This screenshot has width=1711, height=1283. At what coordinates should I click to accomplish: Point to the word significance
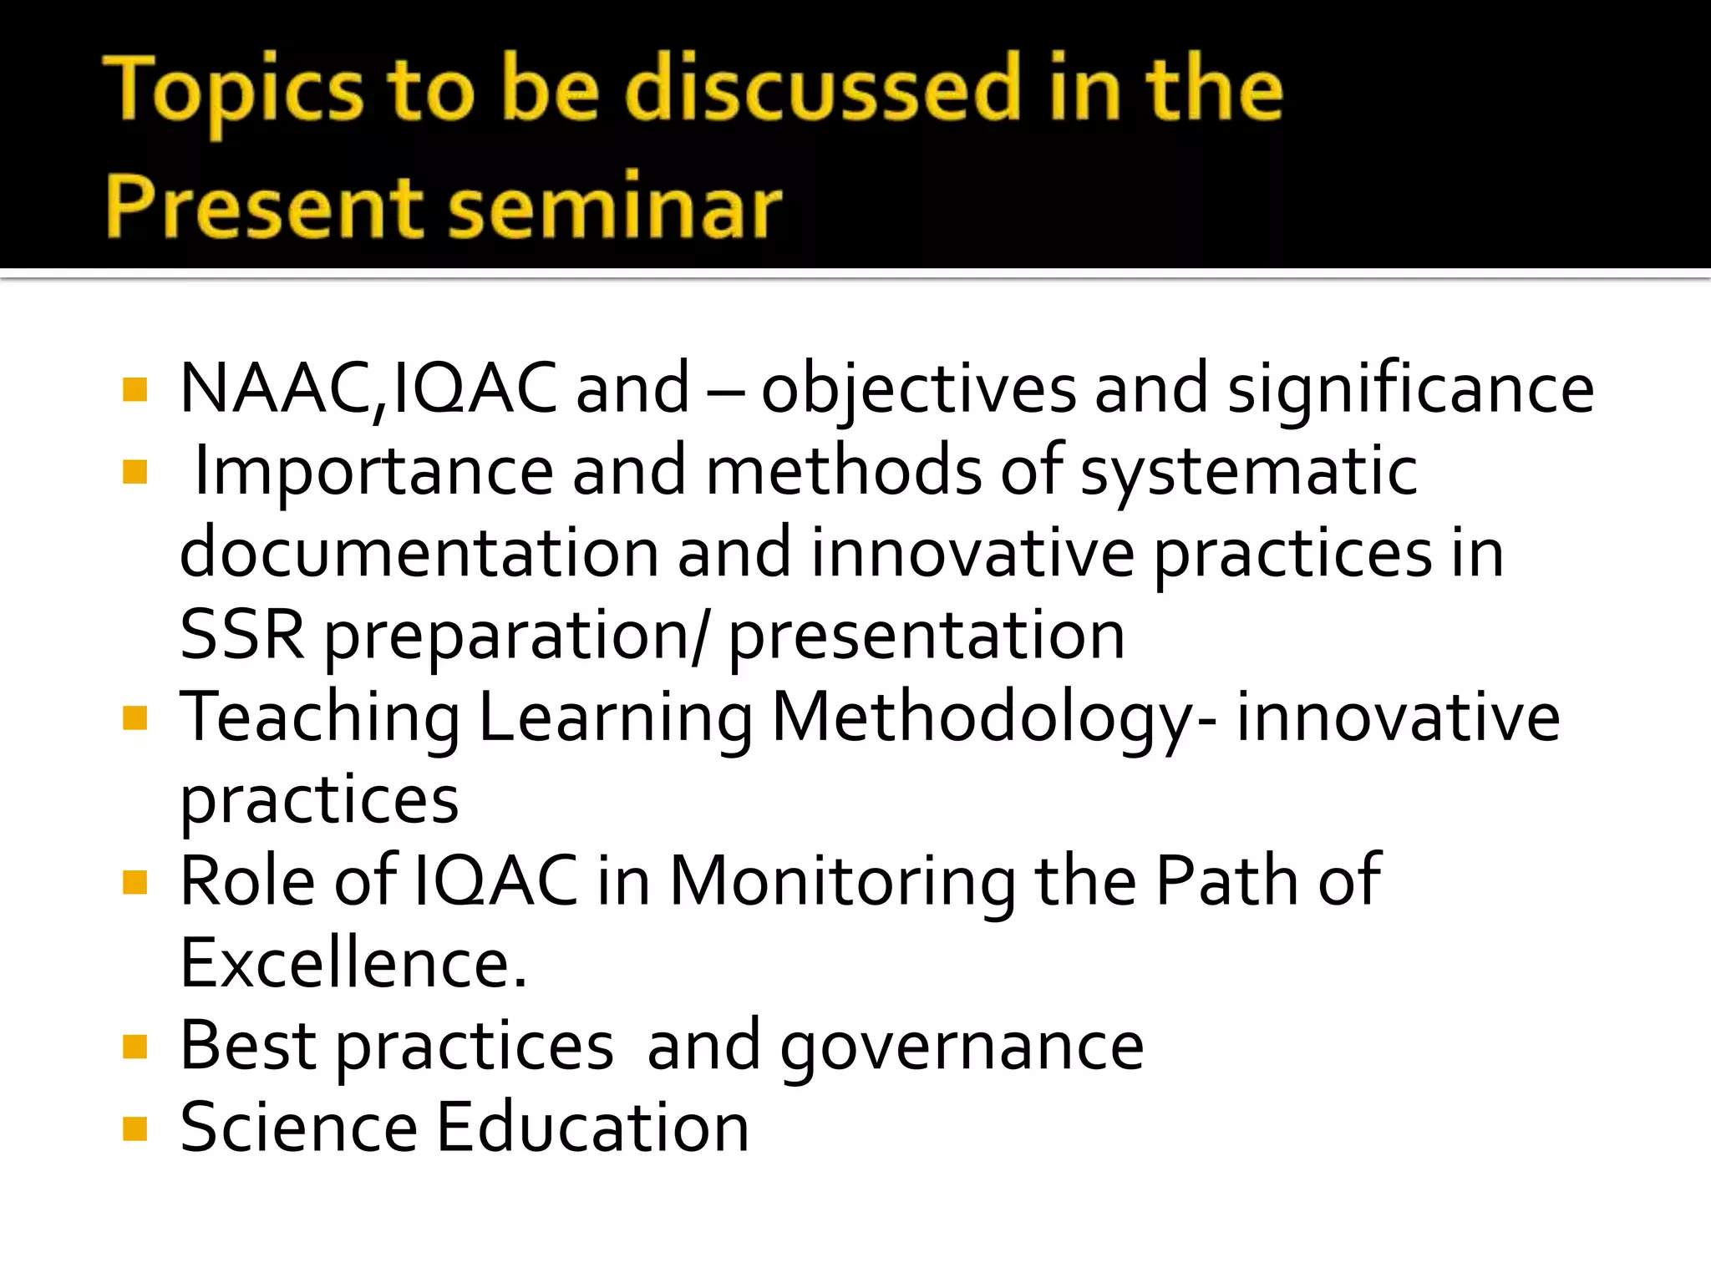click(1410, 389)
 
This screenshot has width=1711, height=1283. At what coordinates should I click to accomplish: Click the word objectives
click(918, 389)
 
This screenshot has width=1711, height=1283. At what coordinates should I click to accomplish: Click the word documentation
click(419, 553)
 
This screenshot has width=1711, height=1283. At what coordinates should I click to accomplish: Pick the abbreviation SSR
click(242, 635)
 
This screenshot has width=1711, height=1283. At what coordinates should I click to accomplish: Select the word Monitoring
click(843, 882)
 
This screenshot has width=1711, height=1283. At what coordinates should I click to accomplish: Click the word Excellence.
click(353, 963)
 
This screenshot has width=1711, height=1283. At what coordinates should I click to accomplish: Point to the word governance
click(962, 1047)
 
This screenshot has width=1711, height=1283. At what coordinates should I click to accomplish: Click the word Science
click(298, 1127)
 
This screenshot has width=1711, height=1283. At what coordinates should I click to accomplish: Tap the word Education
click(592, 1127)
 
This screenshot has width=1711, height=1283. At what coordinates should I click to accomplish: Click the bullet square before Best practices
click(135, 1046)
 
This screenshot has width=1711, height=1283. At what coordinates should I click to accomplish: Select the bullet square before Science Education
click(135, 1128)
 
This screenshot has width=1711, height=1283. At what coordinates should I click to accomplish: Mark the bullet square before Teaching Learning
click(135, 718)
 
